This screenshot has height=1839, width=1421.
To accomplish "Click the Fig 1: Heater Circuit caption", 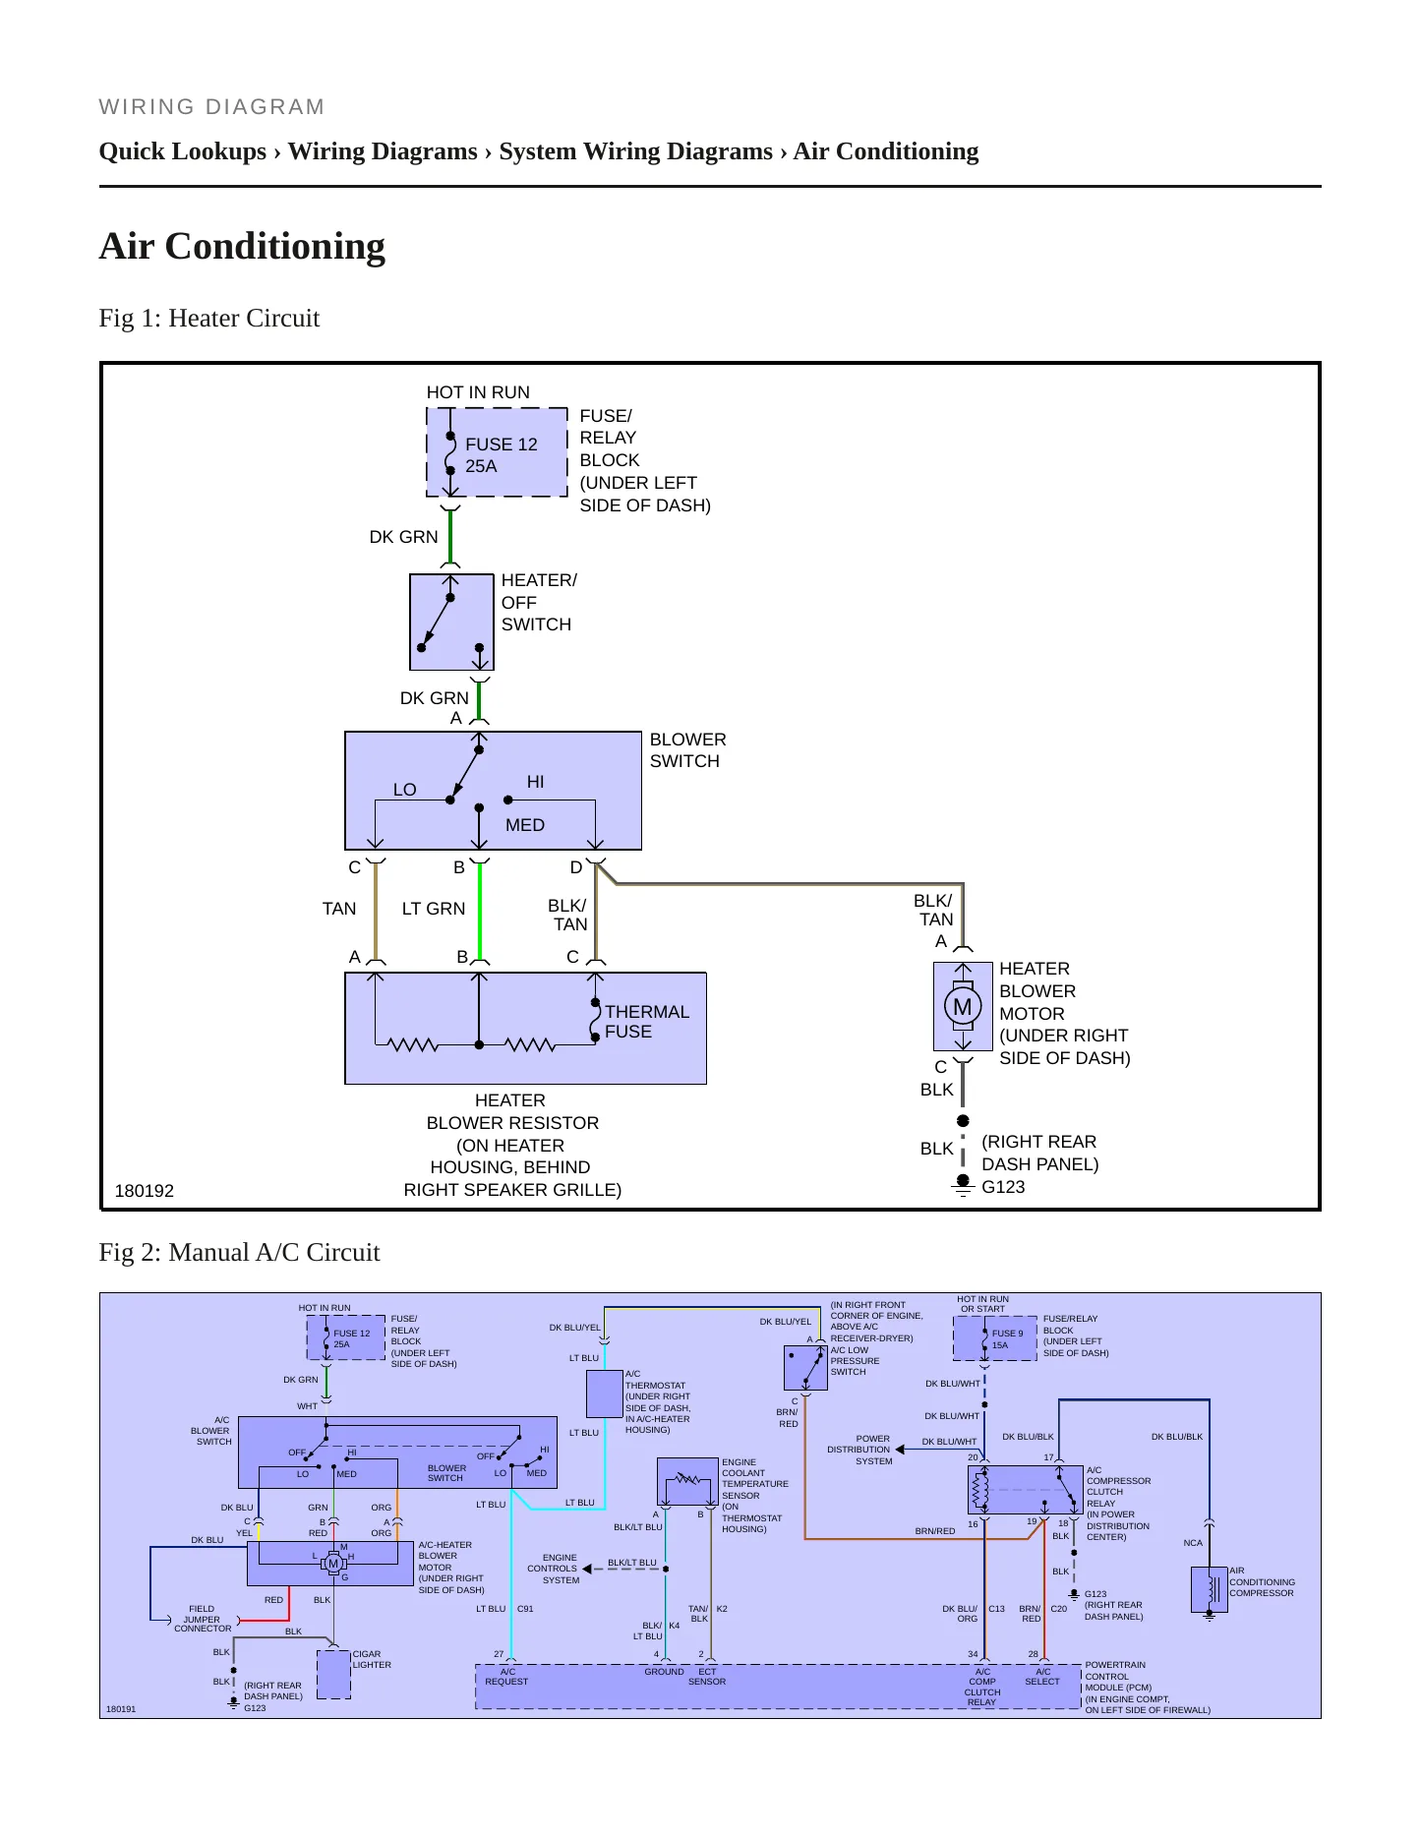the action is [209, 318].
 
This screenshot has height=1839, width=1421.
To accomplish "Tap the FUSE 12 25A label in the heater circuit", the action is [502, 455].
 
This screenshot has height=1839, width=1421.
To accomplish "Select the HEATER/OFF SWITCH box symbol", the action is [451, 622].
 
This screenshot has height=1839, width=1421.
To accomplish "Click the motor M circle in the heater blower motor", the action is [963, 1006].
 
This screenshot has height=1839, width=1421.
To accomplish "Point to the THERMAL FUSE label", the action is [647, 1022].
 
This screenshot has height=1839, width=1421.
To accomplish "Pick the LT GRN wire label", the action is [434, 909].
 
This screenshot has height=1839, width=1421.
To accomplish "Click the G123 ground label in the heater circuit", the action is [1003, 1187].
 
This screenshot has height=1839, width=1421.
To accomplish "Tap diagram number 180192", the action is [145, 1191].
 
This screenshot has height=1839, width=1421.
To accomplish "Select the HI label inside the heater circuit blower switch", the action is [535, 782].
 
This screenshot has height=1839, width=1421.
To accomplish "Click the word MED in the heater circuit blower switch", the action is [525, 825].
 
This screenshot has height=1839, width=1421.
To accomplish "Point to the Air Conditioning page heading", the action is [242, 246].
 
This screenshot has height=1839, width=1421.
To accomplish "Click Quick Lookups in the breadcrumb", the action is [183, 151].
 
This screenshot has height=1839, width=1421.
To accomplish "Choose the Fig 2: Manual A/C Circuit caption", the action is [239, 1252].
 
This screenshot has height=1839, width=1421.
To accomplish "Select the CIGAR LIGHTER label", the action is [372, 1659].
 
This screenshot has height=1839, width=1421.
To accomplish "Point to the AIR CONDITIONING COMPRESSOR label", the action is [1262, 1581].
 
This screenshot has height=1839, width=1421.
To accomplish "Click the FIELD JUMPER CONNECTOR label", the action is [203, 1619].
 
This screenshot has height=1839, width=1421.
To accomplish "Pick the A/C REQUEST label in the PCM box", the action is [506, 1677].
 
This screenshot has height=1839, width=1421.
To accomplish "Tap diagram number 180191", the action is [121, 1709].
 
